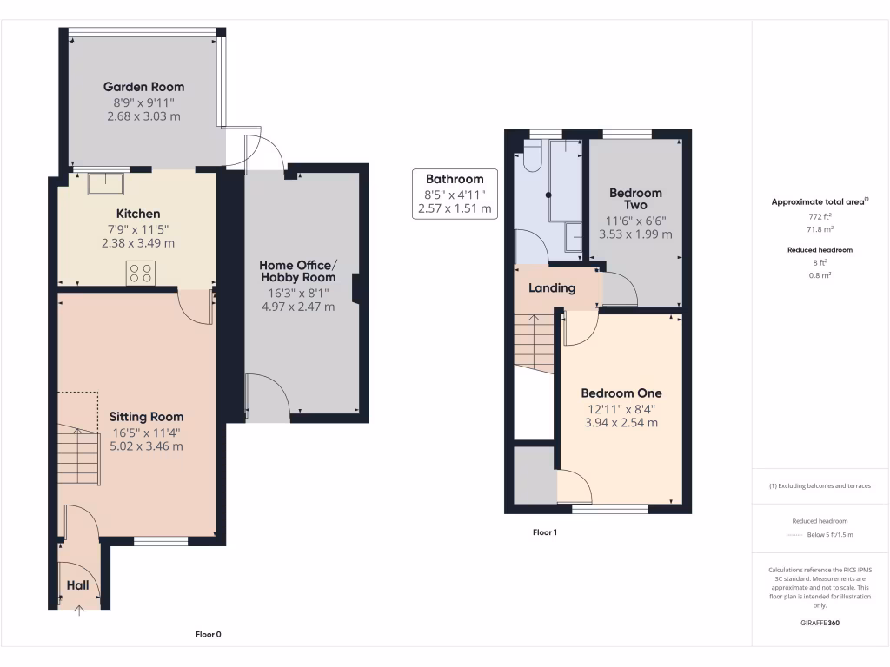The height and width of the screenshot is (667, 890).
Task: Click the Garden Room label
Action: point(143,87)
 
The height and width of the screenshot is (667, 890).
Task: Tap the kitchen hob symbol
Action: point(141,274)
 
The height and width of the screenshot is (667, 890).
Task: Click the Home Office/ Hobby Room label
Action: point(297,272)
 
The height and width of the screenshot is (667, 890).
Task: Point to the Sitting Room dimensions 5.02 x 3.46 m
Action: point(145,446)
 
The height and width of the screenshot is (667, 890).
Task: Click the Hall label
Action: point(78,586)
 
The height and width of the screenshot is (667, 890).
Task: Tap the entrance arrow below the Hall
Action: point(79,611)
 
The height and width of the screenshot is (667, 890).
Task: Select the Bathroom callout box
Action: point(455,194)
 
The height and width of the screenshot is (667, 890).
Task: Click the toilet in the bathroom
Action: point(533,156)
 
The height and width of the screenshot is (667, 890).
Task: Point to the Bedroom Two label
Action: point(635,199)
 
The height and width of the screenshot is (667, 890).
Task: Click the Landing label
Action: point(552,288)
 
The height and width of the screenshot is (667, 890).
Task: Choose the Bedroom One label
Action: point(621,393)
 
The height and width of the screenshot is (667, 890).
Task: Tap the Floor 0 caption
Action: point(208,635)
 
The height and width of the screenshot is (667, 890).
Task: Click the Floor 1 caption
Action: point(544,532)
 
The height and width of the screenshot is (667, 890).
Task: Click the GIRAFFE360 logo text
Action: point(820,623)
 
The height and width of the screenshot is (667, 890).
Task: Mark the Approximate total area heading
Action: point(820,201)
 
